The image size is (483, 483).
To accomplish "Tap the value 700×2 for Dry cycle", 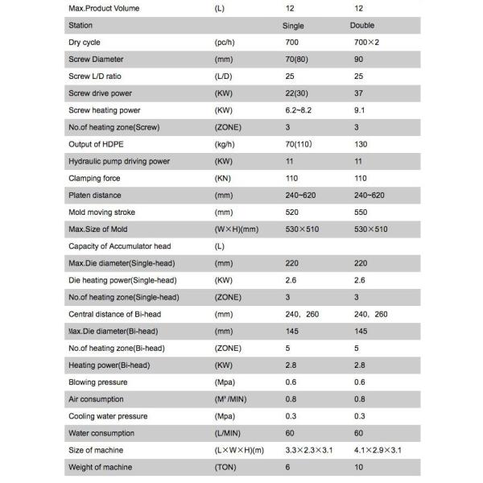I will point(367,43).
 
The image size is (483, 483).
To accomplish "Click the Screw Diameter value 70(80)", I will point(297,60).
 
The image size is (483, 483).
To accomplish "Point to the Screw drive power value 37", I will point(359,93).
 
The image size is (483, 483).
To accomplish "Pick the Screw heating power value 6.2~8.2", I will point(300,110).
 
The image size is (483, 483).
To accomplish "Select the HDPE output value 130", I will point(361,144).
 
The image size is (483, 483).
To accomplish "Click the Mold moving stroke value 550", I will point(361,212).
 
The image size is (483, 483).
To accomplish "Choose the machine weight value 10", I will point(358,466).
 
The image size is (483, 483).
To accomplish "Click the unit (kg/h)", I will point(225,144).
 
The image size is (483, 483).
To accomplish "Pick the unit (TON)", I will point(225,466).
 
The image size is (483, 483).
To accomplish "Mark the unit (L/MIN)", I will point(228,432).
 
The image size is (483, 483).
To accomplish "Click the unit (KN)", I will point(223,178).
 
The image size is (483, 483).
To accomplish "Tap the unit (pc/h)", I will point(225,43).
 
